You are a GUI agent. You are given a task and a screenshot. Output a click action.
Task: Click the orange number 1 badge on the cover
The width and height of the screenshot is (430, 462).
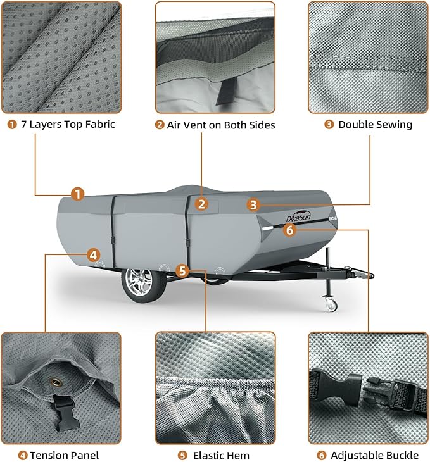pyautogui.click(x=77, y=194)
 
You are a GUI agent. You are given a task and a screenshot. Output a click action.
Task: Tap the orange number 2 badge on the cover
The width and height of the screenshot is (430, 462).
pyautogui.click(x=201, y=204)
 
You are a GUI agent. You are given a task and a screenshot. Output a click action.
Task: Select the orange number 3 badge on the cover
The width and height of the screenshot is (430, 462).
pyautogui.click(x=253, y=204)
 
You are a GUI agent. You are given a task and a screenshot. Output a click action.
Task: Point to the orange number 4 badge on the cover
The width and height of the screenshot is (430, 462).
pyautogui.click(x=93, y=255)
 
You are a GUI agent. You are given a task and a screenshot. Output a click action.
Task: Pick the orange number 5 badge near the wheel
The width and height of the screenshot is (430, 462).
pyautogui.click(x=182, y=271)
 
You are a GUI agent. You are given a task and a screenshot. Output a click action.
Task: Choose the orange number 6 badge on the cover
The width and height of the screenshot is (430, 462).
pyautogui.click(x=289, y=230)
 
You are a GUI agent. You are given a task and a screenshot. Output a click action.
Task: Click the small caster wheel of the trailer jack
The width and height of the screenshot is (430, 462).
pyautogui.click(x=331, y=306)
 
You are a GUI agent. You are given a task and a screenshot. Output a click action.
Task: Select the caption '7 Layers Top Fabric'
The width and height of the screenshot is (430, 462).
pyautogui.click(x=61, y=124)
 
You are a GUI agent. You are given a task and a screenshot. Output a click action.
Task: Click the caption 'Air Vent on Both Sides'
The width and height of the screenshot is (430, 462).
pyautogui.click(x=215, y=125)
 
